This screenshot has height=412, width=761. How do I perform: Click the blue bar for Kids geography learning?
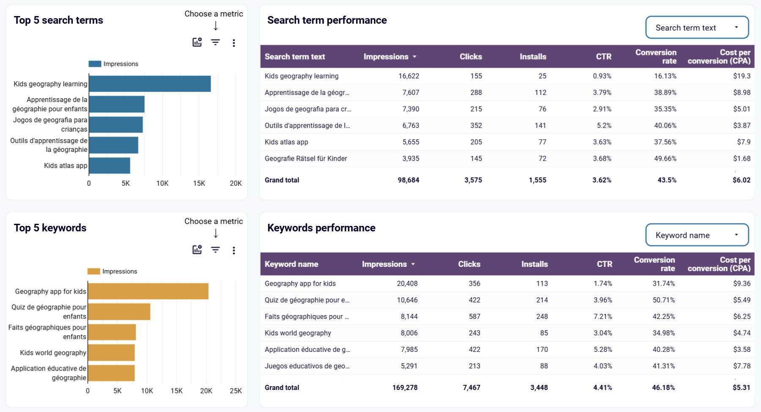tap(150, 84)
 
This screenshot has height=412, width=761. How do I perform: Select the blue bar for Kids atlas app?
tap(110, 165)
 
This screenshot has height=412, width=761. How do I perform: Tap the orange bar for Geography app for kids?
tap(148, 291)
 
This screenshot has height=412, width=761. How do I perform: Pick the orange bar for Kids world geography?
tap(111, 352)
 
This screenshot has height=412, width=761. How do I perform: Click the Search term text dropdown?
tap(697, 27)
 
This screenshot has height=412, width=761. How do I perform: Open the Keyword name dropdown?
tap(697, 235)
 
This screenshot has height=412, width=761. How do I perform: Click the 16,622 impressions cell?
tap(409, 76)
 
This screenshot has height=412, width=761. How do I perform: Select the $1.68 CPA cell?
tap(742, 159)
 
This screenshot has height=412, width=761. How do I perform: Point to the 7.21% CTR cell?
tap(603, 316)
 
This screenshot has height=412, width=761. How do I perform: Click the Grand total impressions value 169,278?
tap(405, 387)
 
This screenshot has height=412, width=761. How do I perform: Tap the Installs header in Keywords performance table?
tap(534, 264)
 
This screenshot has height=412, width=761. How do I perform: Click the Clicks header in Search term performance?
tap(470, 57)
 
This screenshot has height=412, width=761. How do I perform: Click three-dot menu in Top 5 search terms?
tap(234, 43)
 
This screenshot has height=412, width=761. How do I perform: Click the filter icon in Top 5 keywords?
tap(215, 250)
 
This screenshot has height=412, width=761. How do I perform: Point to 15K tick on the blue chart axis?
tap(199, 183)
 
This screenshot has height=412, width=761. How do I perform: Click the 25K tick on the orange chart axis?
tap(236, 391)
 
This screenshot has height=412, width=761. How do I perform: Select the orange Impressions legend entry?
tap(113, 271)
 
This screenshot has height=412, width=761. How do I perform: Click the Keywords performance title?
tap(321, 228)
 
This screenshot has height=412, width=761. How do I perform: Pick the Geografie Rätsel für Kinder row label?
tap(305, 159)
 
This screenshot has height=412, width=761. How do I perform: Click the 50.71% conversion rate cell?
tap(663, 300)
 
